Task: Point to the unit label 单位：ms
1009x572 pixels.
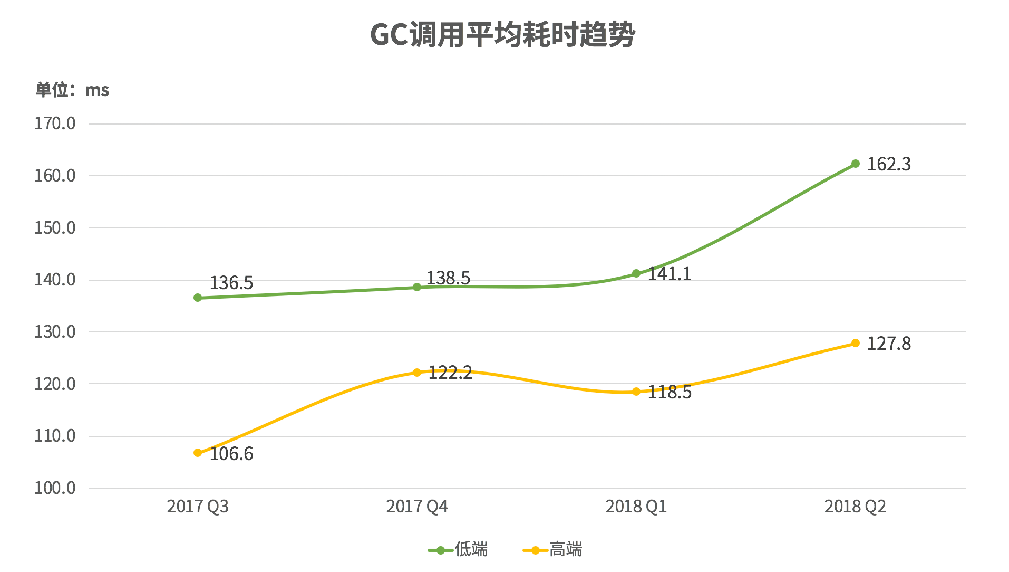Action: click(72, 90)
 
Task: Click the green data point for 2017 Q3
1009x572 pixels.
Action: click(198, 298)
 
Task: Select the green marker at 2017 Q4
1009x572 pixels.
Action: click(417, 287)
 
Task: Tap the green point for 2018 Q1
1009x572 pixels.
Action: click(636, 273)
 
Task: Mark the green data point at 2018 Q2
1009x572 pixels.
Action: click(856, 164)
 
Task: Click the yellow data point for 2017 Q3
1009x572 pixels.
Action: click(198, 453)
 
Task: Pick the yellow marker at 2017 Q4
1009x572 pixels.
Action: click(417, 373)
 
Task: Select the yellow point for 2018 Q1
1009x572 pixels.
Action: click(636, 392)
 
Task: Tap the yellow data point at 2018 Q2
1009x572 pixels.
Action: click(856, 343)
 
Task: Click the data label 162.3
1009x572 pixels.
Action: click(889, 165)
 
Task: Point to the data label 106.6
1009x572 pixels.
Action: click(231, 454)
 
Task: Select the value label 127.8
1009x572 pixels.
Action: click(889, 344)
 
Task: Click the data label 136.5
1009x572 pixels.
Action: click(231, 283)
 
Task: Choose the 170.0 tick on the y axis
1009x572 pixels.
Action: click(55, 124)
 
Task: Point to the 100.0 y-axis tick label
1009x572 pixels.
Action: click(55, 488)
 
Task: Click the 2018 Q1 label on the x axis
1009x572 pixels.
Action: click(636, 507)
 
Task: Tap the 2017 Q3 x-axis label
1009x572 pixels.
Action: click(198, 507)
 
